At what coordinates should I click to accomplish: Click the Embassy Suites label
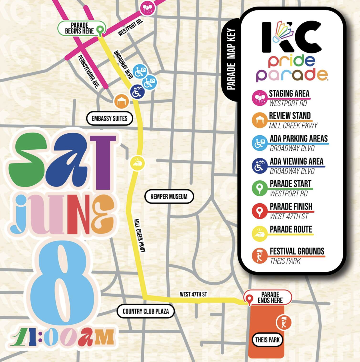click(x=109, y=118)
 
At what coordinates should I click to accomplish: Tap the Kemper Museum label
click(x=169, y=197)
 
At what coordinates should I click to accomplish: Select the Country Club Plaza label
click(x=146, y=311)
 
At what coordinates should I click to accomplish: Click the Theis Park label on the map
click(x=267, y=340)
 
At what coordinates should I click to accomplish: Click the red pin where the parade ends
click(x=249, y=299)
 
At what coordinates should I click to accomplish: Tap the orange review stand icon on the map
click(x=121, y=101)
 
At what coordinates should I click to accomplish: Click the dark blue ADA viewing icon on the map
click(x=137, y=92)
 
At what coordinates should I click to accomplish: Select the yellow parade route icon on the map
click(x=137, y=163)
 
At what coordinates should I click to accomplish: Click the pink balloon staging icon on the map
click(x=147, y=8)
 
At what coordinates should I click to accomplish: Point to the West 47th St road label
click(x=193, y=294)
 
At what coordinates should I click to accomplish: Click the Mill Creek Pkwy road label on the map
click(x=140, y=235)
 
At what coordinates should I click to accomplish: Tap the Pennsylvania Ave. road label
click(x=88, y=72)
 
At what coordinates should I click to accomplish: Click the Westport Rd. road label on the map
click(x=130, y=28)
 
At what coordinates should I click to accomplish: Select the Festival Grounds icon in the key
click(x=259, y=256)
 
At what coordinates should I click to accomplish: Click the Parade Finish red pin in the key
click(x=259, y=211)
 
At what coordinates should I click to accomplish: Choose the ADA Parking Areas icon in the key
click(x=259, y=143)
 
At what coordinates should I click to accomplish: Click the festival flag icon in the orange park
click(x=283, y=322)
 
